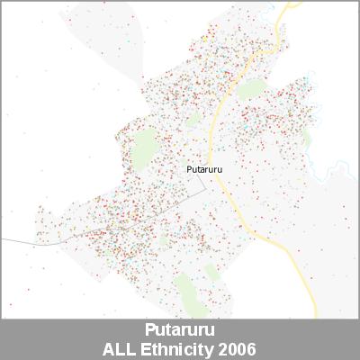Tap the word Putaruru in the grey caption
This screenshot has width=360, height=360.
179,330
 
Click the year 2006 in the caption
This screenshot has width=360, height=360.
238,348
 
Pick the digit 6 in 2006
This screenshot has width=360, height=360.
251,348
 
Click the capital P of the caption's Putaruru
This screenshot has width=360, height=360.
149,330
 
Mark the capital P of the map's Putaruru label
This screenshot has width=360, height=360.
188,168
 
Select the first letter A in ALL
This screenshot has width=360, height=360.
110,348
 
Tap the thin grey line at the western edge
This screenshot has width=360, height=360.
18,241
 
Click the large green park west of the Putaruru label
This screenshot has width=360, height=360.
142,151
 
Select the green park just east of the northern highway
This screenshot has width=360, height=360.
253,89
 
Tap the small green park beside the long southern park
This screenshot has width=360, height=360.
212,272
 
